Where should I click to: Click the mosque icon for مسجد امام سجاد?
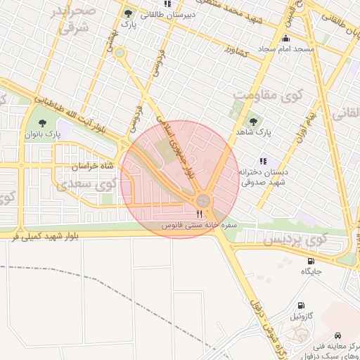tap(285, 38)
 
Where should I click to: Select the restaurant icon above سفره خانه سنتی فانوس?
tap(200, 214)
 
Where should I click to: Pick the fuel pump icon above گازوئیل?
tap(302, 306)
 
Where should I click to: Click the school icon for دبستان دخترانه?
tap(263, 161)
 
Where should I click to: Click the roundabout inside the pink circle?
tap(204, 201)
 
